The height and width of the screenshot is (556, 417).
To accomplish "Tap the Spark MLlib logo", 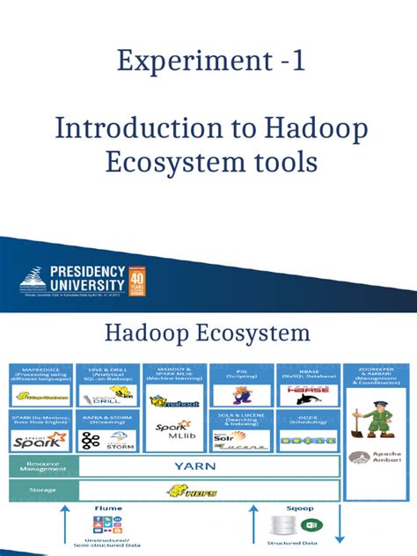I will (175, 437).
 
